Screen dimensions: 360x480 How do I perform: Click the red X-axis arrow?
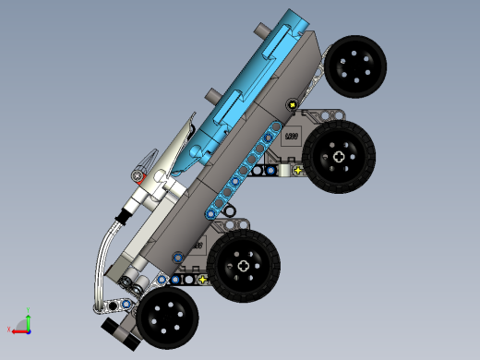click(18, 330)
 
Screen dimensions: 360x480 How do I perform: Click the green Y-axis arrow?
click(28, 320)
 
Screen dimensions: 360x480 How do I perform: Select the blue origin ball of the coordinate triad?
click(28, 329)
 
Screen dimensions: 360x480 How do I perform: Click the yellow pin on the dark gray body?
click(293, 104)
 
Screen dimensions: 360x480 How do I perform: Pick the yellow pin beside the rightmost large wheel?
click(297, 170)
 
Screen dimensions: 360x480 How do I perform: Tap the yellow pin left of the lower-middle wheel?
click(202, 279)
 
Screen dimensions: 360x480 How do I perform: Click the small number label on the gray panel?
click(291, 138)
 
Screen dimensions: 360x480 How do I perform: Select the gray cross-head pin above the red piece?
click(138, 174)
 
